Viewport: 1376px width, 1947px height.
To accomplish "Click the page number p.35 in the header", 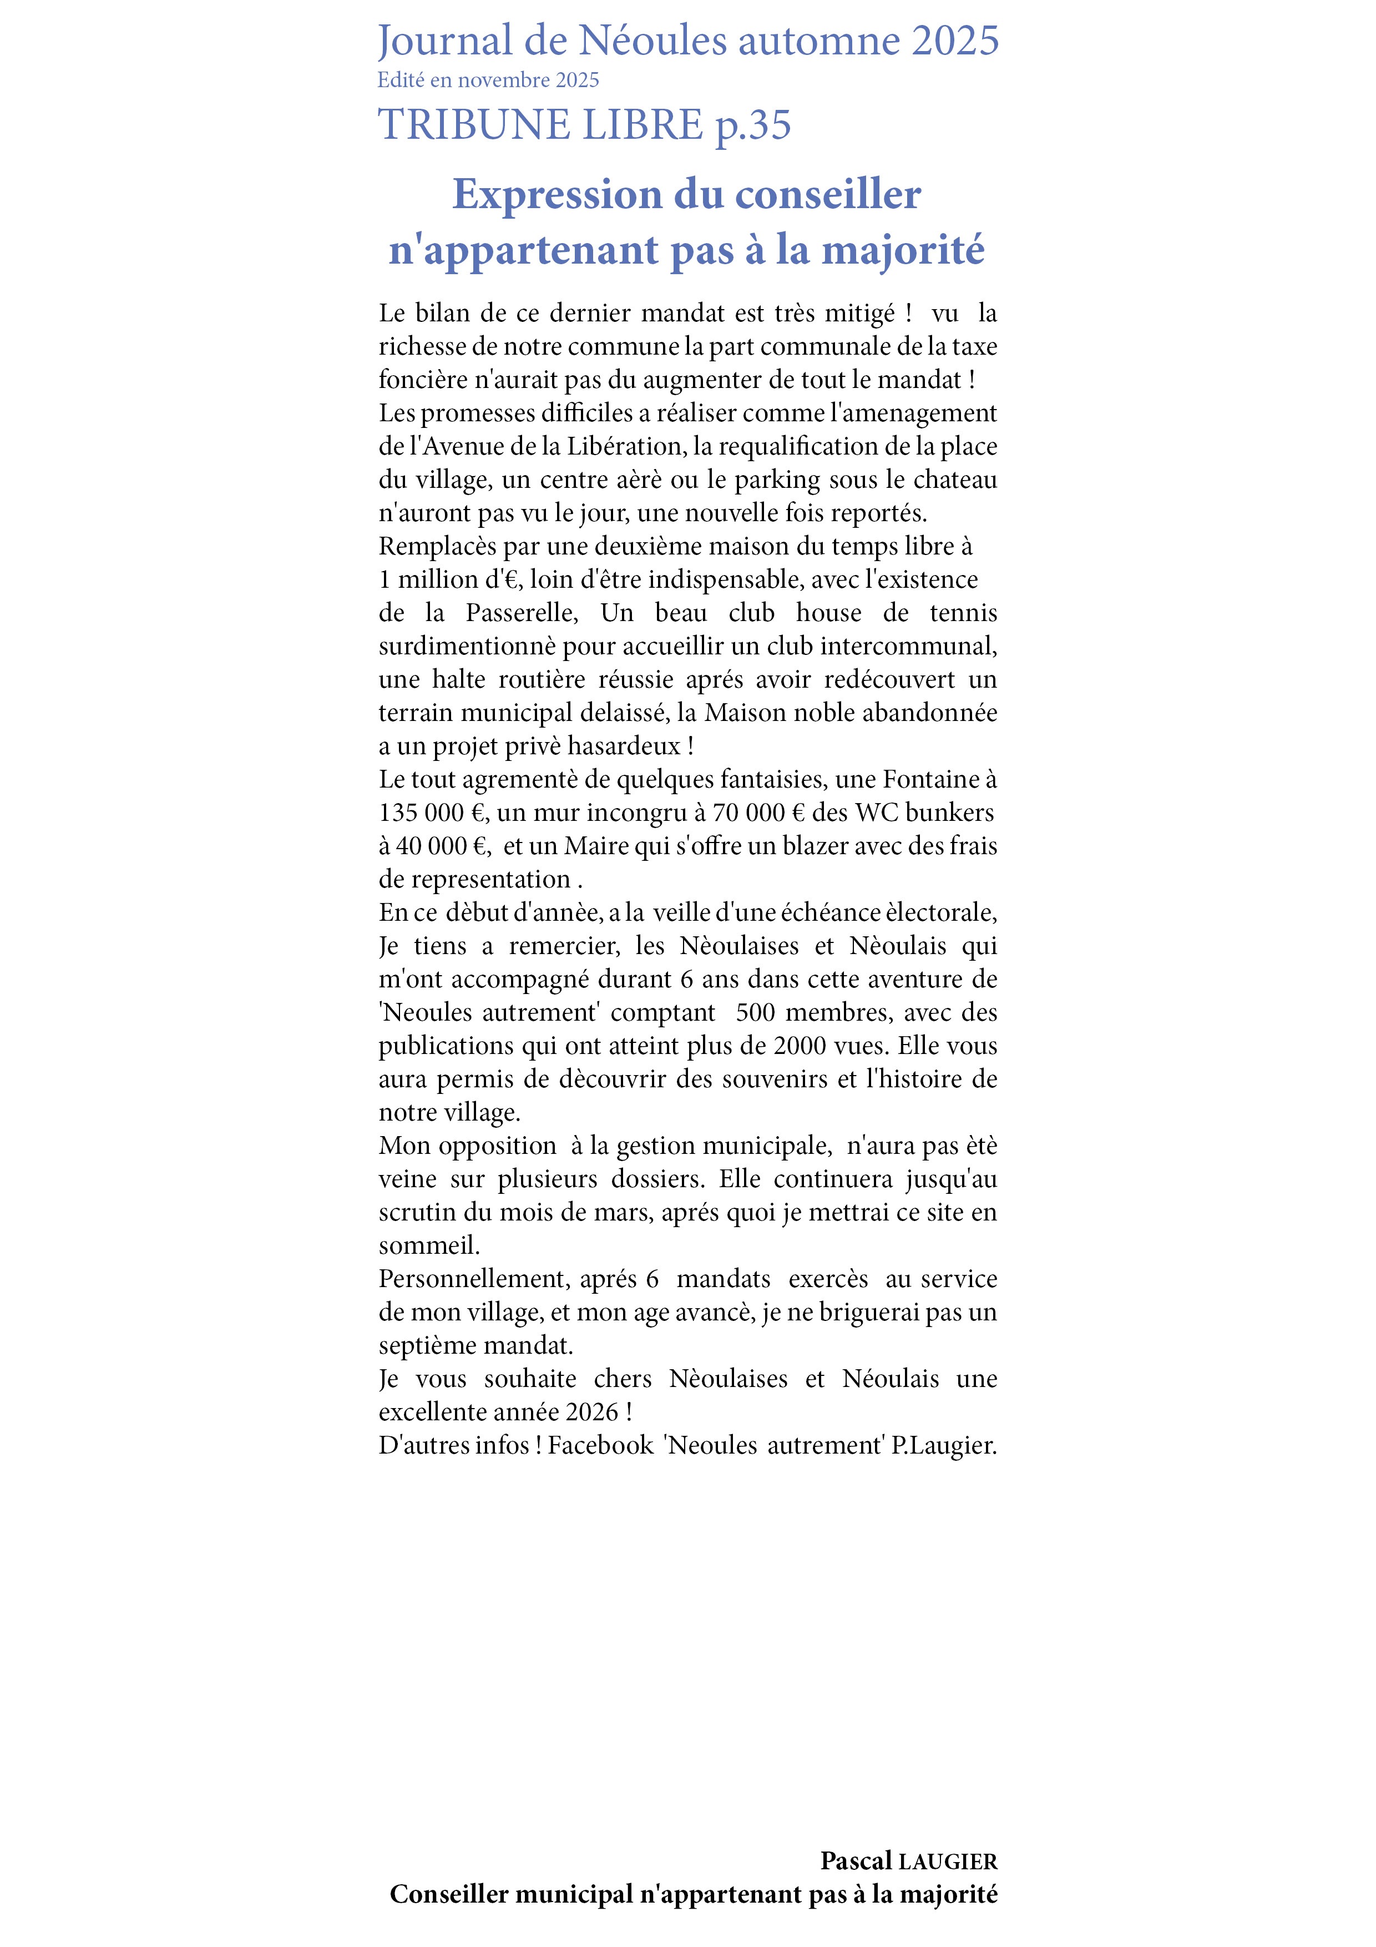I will [753, 125].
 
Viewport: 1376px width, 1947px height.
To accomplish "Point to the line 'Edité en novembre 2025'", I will [488, 80].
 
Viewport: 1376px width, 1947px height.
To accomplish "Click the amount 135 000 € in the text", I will [431, 813].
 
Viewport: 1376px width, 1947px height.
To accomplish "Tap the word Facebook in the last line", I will [600, 1444].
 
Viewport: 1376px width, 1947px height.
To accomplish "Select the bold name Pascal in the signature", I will [856, 1860].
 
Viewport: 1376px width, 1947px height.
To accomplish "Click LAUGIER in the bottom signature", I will [948, 1862].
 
